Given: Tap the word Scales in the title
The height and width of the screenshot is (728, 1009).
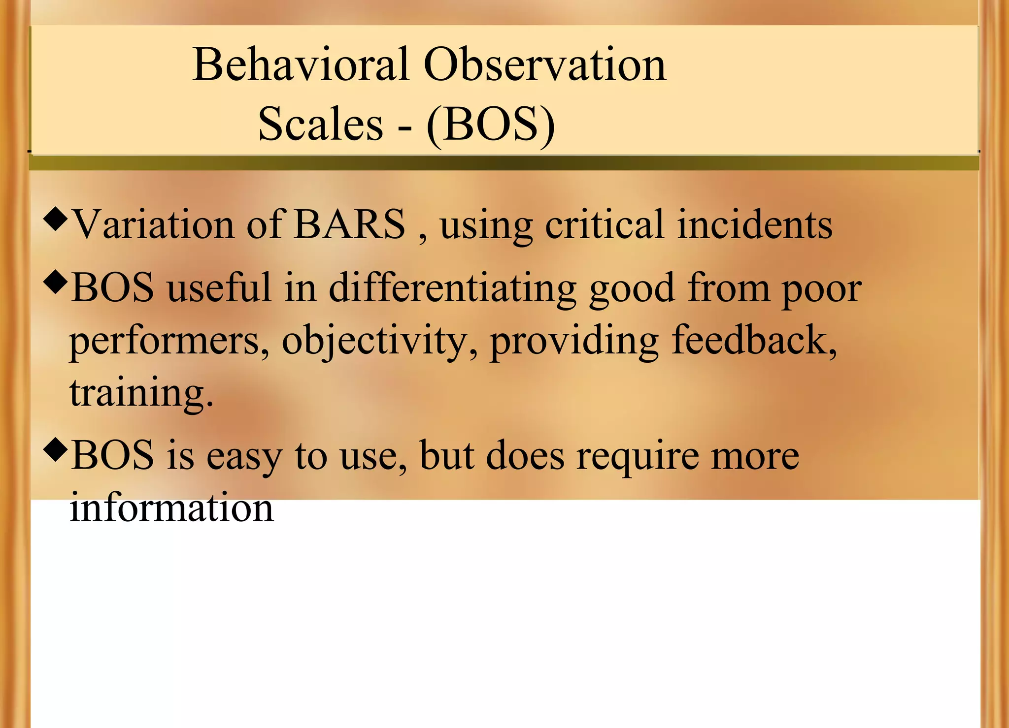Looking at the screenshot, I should click(321, 124).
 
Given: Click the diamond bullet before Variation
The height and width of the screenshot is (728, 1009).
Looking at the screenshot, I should click(55, 219).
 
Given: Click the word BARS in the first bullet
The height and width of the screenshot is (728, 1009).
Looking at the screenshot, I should click(349, 224).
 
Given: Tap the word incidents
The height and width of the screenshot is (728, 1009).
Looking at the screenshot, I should click(754, 224).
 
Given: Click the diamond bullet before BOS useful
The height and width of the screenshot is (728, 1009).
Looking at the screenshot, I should click(55, 283).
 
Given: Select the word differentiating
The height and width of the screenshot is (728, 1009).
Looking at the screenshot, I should click(452, 288).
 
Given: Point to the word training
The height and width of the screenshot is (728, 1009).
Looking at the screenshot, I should click(141, 394).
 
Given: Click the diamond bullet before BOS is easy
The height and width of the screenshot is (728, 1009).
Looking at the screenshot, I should click(55, 449).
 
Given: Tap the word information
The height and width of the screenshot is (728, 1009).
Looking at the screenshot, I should click(171, 508).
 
